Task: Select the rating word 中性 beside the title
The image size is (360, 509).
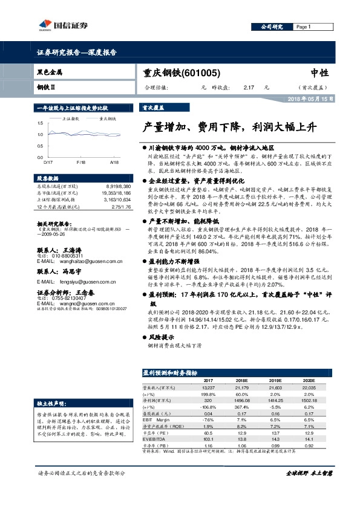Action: (319, 73)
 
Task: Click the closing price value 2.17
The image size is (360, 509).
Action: (248, 88)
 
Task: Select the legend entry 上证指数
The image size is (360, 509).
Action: (70, 119)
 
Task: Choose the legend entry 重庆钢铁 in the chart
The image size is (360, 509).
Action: (107, 119)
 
